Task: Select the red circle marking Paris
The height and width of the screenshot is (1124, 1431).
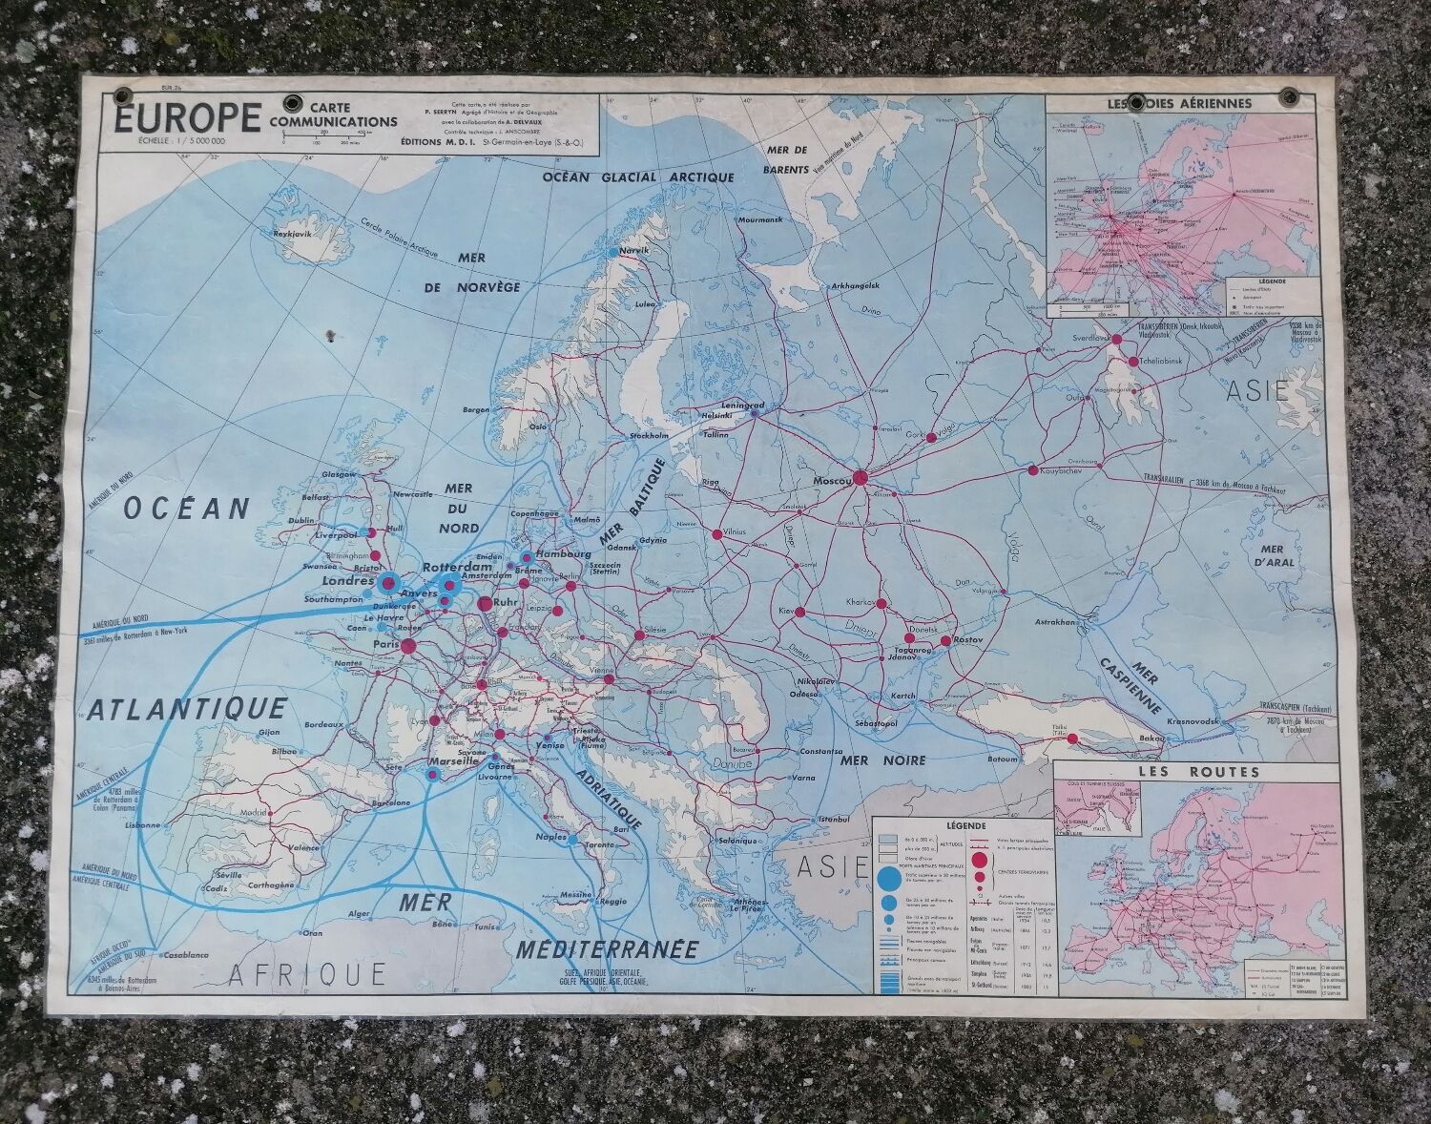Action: (408, 647)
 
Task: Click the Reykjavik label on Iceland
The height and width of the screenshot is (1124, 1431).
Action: (271, 233)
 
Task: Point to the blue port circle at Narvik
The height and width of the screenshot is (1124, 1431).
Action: (613, 252)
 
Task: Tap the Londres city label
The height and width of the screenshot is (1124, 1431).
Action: (347, 580)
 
